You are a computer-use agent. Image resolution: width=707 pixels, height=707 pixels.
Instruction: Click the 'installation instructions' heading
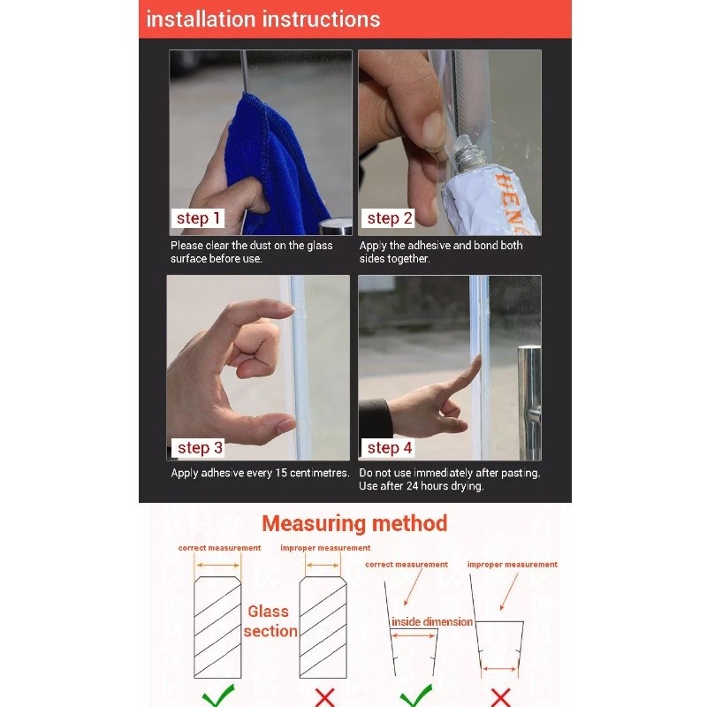point(263,19)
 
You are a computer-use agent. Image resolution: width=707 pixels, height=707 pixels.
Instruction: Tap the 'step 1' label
point(198,218)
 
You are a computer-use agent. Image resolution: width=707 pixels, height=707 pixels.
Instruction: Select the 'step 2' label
point(388,218)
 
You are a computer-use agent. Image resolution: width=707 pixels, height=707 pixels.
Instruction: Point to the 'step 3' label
point(199,448)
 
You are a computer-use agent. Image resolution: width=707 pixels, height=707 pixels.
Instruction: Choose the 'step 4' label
point(388,448)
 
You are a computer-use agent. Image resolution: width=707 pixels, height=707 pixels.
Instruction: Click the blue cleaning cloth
point(275,167)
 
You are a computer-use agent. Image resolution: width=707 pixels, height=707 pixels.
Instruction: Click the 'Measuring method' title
point(354,523)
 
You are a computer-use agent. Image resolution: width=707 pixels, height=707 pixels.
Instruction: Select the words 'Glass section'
point(270,621)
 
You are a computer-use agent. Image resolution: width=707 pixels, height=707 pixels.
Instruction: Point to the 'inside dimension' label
point(432,622)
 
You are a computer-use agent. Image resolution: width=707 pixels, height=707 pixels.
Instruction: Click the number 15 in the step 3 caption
point(281,473)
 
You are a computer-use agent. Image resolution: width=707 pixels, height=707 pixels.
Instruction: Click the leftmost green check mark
point(218,696)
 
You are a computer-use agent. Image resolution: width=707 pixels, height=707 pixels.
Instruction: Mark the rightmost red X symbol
point(500,697)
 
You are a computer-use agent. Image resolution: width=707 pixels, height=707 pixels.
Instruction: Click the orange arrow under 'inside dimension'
point(414,635)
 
